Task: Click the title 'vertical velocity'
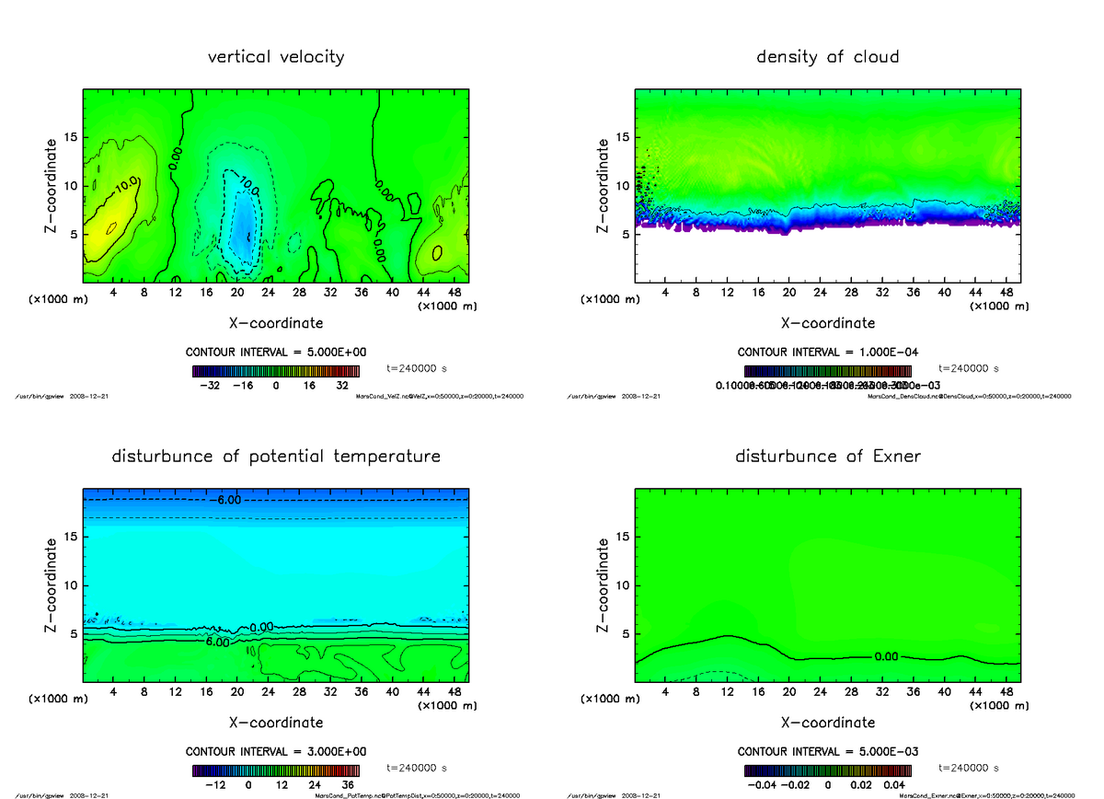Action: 276,57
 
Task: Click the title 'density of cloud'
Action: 827,57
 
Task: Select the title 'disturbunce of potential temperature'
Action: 276,457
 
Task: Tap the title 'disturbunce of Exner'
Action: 827,457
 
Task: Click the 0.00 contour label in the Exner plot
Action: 886,657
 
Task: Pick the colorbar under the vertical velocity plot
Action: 275,371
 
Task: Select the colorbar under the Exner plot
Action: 827,770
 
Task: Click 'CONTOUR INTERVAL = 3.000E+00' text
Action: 275,752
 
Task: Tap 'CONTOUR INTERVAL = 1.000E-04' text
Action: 827,353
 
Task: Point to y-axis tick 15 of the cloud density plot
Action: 623,137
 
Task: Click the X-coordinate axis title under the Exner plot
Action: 827,723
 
